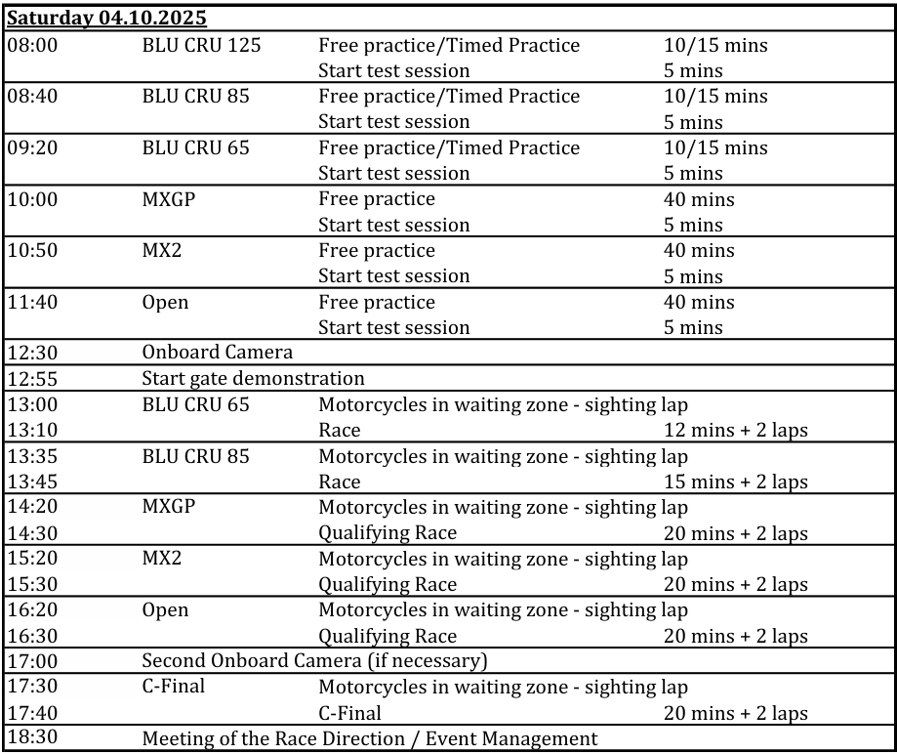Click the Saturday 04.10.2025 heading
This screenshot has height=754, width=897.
(106, 19)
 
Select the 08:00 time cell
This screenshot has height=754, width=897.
(32, 45)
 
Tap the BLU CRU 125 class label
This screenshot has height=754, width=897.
(201, 45)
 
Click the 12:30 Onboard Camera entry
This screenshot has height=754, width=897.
(217, 353)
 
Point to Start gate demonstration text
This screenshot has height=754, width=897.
(253, 378)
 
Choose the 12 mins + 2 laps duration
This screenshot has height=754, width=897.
(735, 430)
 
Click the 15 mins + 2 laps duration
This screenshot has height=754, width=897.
(735, 482)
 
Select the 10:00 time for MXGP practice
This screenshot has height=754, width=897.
(32, 199)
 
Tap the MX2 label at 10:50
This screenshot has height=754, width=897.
(162, 250)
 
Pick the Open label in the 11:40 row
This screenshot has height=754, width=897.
(165, 302)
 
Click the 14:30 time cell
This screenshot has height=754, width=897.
(32, 533)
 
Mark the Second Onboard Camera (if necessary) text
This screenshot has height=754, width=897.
(314, 661)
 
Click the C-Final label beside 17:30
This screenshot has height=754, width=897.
(174, 687)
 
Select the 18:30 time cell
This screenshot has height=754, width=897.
(32, 737)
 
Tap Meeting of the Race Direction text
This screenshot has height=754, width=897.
(369, 738)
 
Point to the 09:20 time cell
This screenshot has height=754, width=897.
(32, 147)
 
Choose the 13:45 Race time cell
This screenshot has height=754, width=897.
(32, 482)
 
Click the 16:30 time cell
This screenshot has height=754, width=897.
(32, 636)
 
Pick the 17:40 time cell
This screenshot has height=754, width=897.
(32, 713)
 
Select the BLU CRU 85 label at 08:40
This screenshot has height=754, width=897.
(195, 96)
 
